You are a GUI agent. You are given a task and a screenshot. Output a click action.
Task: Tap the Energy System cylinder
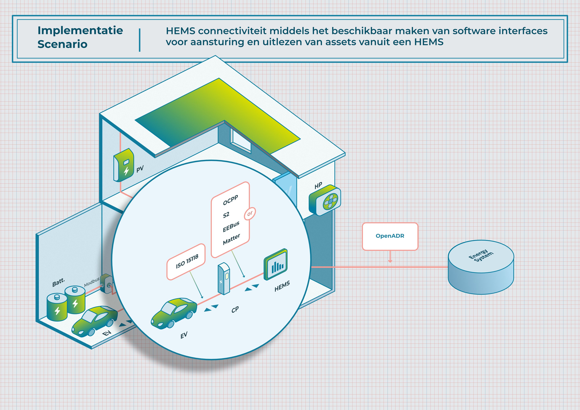(x=481, y=267)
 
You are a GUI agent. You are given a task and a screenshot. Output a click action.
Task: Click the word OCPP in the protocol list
(x=230, y=200)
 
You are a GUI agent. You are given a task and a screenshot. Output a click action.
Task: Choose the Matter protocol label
(x=231, y=239)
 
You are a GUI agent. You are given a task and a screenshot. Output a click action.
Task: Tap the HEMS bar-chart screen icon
(x=276, y=265)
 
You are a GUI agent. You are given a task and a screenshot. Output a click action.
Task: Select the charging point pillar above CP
(x=224, y=278)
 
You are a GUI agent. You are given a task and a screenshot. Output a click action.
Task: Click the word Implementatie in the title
(x=80, y=31)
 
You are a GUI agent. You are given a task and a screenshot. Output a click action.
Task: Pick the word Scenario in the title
(x=62, y=44)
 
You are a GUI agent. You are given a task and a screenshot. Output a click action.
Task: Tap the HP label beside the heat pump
(x=318, y=186)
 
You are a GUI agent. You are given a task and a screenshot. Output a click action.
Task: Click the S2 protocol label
(x=226, y=215)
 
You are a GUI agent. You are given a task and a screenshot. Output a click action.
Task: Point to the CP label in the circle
(x=235, y=310)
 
